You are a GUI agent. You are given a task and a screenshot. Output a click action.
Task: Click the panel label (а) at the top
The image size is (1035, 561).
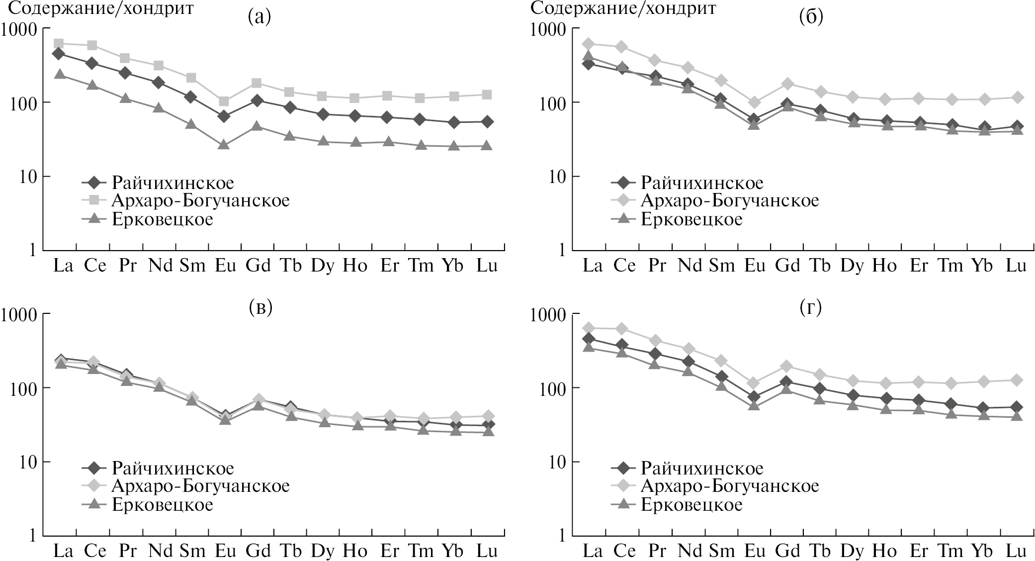tap(259, 17)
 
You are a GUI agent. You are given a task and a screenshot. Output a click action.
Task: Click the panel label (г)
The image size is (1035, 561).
tap(811, 308)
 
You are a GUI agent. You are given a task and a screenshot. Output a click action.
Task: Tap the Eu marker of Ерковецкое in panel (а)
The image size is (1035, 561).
tap(224, 144)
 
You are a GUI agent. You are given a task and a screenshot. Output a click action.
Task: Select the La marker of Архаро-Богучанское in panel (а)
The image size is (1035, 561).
tap(59, 44)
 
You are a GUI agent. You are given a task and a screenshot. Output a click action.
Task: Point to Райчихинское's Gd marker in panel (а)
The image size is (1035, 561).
tap(257, 100)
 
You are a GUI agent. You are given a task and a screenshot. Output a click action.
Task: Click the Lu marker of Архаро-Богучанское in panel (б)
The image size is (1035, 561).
tap(1017, 97)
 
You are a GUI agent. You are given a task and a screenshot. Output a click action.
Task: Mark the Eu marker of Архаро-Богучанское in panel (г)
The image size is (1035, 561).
tap(754, 383)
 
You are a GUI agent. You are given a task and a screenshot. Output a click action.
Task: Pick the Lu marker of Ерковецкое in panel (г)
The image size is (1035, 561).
tap(1017, 416)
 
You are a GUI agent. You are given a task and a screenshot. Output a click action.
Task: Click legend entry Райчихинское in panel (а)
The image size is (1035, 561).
tap(172, 183)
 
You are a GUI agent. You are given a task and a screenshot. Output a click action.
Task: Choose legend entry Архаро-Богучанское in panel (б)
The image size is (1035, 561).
tap(729, 201)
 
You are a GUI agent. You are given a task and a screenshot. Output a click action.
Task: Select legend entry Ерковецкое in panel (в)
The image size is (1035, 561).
tap(162, 505)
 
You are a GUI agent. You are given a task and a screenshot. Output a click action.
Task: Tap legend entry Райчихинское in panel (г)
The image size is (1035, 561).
tap(701, 468)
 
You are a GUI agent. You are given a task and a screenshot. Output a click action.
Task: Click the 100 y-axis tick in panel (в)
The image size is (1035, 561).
tap(23, 388)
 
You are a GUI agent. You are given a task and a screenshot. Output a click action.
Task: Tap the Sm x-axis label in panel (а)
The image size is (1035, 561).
tap(192, 266)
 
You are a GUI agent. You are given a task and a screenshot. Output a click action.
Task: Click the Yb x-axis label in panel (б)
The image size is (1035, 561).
tap(982, 266)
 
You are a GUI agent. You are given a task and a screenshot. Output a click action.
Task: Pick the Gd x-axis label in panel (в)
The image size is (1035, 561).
tap(258, 551)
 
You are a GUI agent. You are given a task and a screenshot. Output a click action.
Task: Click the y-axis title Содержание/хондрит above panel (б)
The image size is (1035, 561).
tap(623, 8)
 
